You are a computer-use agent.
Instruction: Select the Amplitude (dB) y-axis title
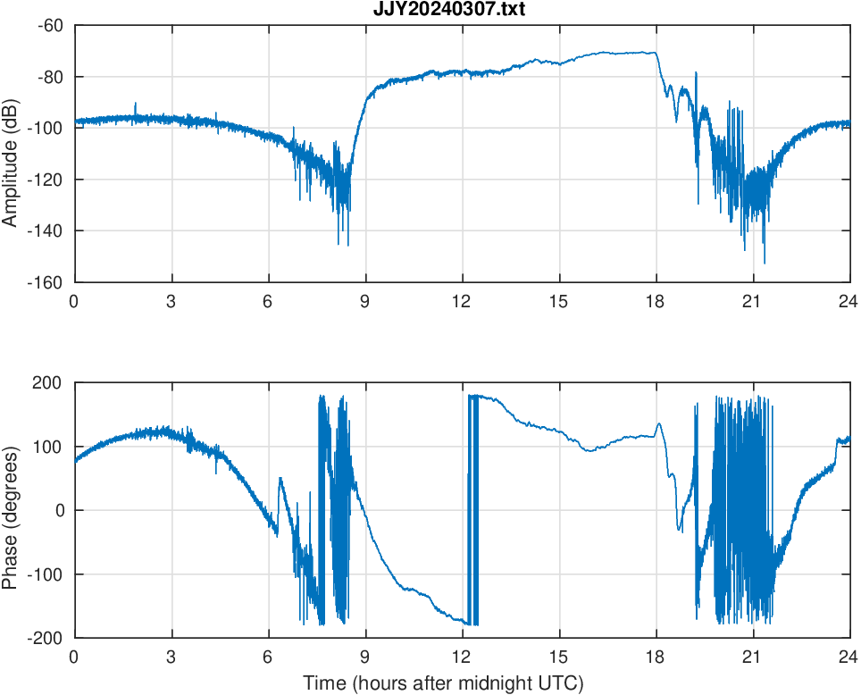coord(11,154)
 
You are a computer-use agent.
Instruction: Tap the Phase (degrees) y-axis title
coord(11,510)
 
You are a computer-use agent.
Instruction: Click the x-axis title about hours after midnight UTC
coord(443,683)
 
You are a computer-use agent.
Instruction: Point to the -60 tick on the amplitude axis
coord(50,26)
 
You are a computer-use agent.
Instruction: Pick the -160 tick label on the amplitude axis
coord(46,282)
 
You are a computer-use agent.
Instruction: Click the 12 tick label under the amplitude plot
coord(462,301)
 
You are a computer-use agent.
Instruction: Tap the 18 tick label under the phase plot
coord(656,657)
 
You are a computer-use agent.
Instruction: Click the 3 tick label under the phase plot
coord(171,657)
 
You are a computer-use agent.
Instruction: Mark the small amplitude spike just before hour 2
coord(136,104)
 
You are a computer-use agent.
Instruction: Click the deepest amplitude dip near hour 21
coord(764,263)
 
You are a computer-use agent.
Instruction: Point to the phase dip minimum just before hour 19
coord(680,530)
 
